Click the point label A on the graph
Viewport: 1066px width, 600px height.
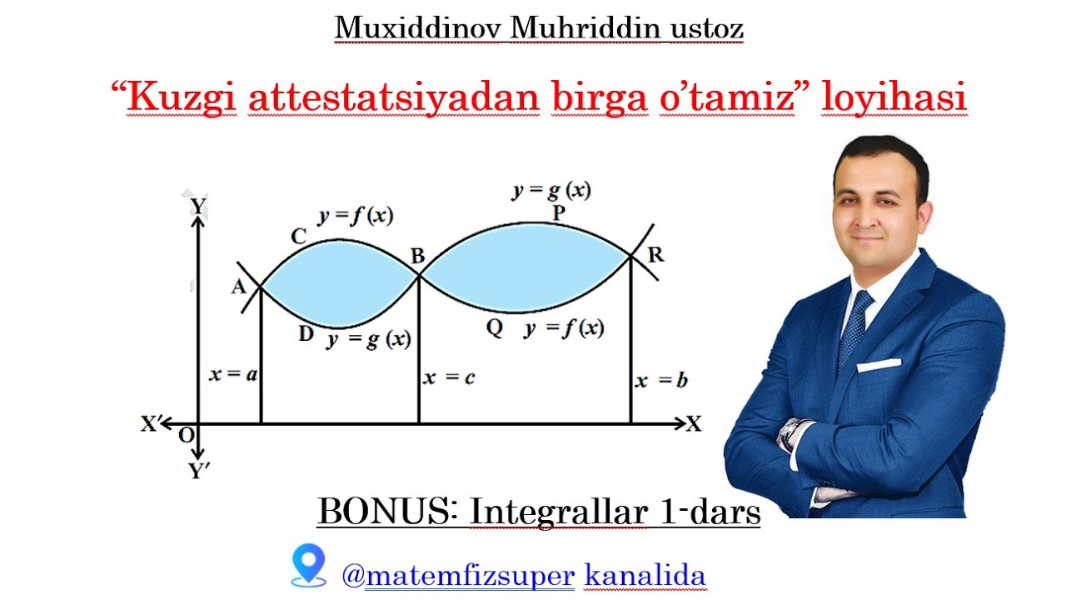click(238, 287)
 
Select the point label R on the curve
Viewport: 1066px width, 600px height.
click(655, 255)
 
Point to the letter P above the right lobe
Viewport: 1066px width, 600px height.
click(559, 213)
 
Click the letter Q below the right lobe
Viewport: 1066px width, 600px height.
click(495, 327)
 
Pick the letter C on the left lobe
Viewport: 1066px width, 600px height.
click(299, 237)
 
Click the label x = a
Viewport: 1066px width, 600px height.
click(232, 375)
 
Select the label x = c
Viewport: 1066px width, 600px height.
click(449, 377)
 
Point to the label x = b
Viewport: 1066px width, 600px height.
click(661, 382)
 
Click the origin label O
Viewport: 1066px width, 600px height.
click(186, 435)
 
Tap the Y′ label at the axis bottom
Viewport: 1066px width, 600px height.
click(199, 472)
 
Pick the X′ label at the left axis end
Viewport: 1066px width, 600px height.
click(151, 424)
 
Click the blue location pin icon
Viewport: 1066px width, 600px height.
click(308, 565)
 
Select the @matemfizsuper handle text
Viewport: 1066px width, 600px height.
click(459, 574)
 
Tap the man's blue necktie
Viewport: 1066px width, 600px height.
click(855, 329)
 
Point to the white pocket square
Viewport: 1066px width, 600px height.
click(879, 365)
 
